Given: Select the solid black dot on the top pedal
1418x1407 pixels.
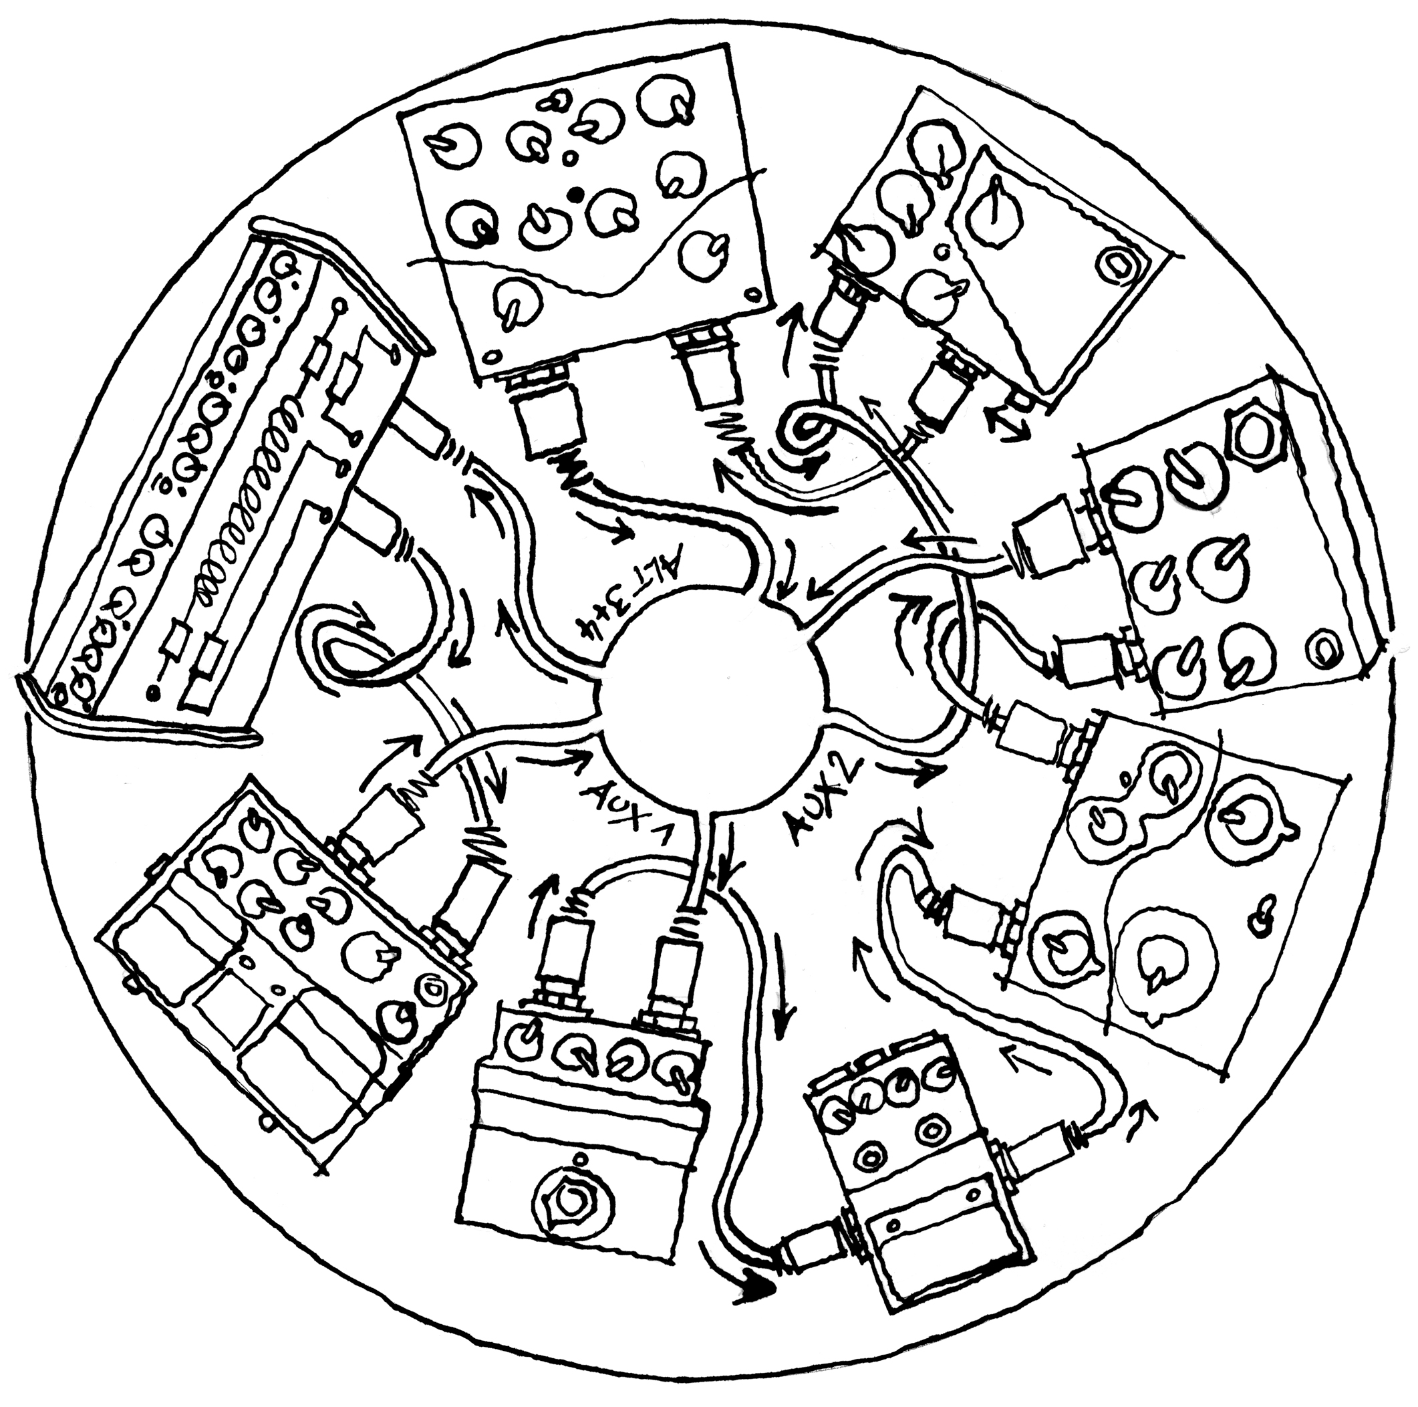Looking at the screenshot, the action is [577, 194].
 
